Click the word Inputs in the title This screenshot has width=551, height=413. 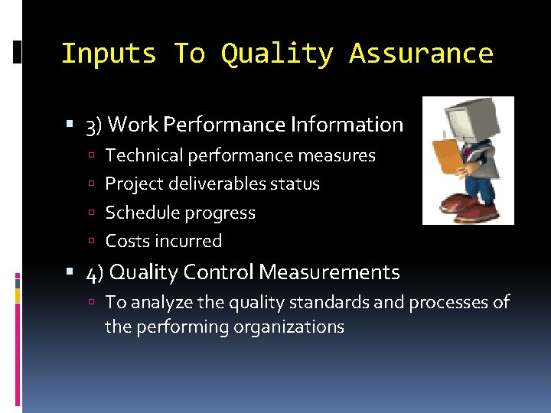pos(108,54)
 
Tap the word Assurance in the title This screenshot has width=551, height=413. pos(421,54)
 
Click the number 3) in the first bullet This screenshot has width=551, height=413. pos(94,125)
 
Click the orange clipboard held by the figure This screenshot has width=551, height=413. pos(446,165)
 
